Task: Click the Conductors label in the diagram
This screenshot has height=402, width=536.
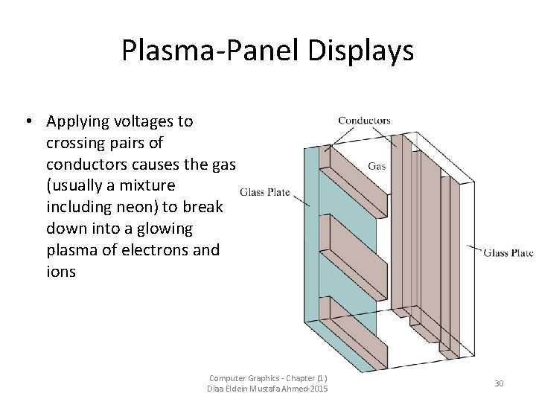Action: (364, 120)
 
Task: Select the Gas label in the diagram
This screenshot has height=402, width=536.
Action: (377, 166)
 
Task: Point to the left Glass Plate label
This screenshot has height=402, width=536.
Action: (264, 192)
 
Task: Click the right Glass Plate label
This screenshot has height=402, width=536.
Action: (508, 253)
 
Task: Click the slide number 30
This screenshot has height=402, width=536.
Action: (499, 383)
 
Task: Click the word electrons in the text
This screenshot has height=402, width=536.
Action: (154, 249)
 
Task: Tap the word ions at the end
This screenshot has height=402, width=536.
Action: (60, 271)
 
